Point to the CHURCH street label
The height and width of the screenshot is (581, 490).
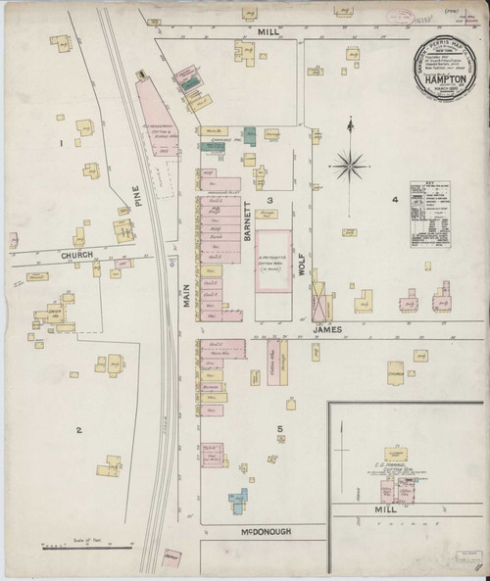click(x=75, y=255)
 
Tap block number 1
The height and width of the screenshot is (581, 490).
click(x=61, y=143)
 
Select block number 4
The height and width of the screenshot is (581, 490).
click(x=395, y=200)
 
